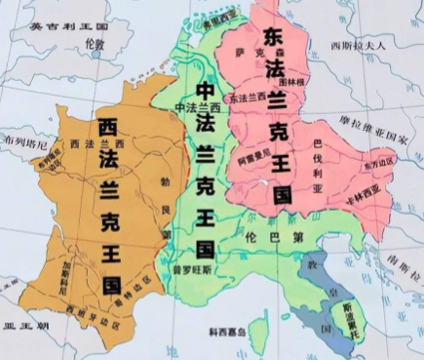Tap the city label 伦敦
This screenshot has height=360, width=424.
(94, 45)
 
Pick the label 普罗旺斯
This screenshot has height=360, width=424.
(185, 266)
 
